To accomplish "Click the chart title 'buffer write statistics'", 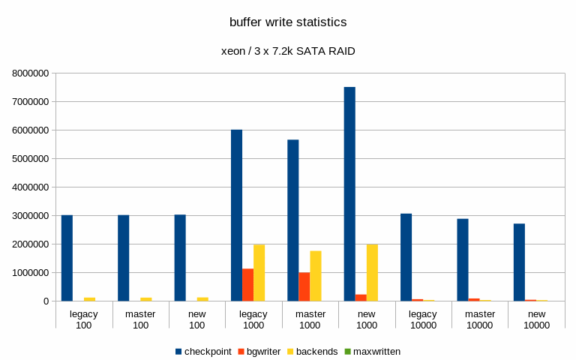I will click(288, 22).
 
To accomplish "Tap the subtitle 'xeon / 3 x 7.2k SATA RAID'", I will click(288, 52).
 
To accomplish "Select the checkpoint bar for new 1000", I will click(349, 194).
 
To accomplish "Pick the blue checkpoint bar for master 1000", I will click(293, 220).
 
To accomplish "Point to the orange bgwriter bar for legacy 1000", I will click(247, 285).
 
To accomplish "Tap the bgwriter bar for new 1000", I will click(361, 298).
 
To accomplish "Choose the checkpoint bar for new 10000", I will click(519, 262).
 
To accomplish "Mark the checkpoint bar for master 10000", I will click(463, 259).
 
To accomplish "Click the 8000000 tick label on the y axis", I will click(31, 73).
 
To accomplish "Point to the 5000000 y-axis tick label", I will click(31, 159).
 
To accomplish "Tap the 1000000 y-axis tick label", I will click(31, 273).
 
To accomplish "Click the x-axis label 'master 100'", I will click(140, 319).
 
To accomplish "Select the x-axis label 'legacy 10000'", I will click(423, 319).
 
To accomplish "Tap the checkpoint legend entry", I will click(202, 351).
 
